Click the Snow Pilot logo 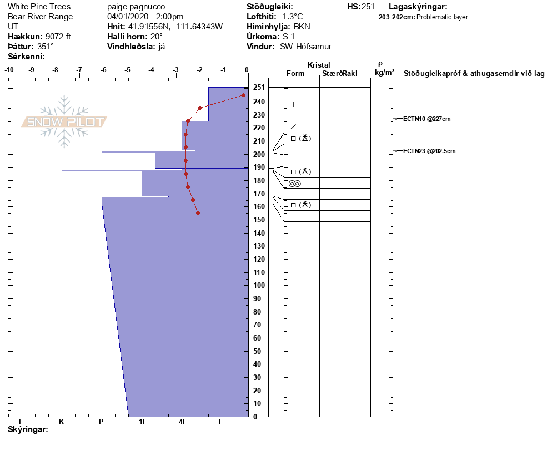(x=64, y=121)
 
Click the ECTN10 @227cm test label (x=426, y=119)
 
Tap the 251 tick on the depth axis (x=258, y=88)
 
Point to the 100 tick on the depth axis (x=258, y=285)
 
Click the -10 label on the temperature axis (x=9, y=70)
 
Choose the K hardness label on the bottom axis (x=62, y=422)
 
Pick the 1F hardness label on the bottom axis (x=143, y=422)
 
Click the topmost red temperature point (x=243, y=95)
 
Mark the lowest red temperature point (x=198, y=213)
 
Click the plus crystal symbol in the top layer (x=293, y=104)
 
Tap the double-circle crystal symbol (x=294, y=184)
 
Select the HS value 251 (x=368, y=7)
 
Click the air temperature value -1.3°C (x=291, y=17)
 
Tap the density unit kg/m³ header (x=384, y=73)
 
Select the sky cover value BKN (x=302, y=27)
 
